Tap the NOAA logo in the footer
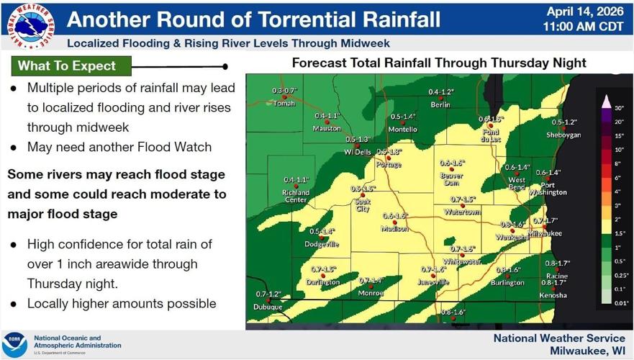pyautogui.click(x=15, y=345)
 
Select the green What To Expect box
pyautogui.click(x=71, y=66)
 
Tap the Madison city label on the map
pyautogui.click(x=394, y=229)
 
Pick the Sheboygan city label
pyautogui.click(x=563, y=135)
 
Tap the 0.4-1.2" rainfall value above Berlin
pyautogui.click(x=441, y=92)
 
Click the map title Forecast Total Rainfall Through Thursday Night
pyautogui.click(x=438, y=63)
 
